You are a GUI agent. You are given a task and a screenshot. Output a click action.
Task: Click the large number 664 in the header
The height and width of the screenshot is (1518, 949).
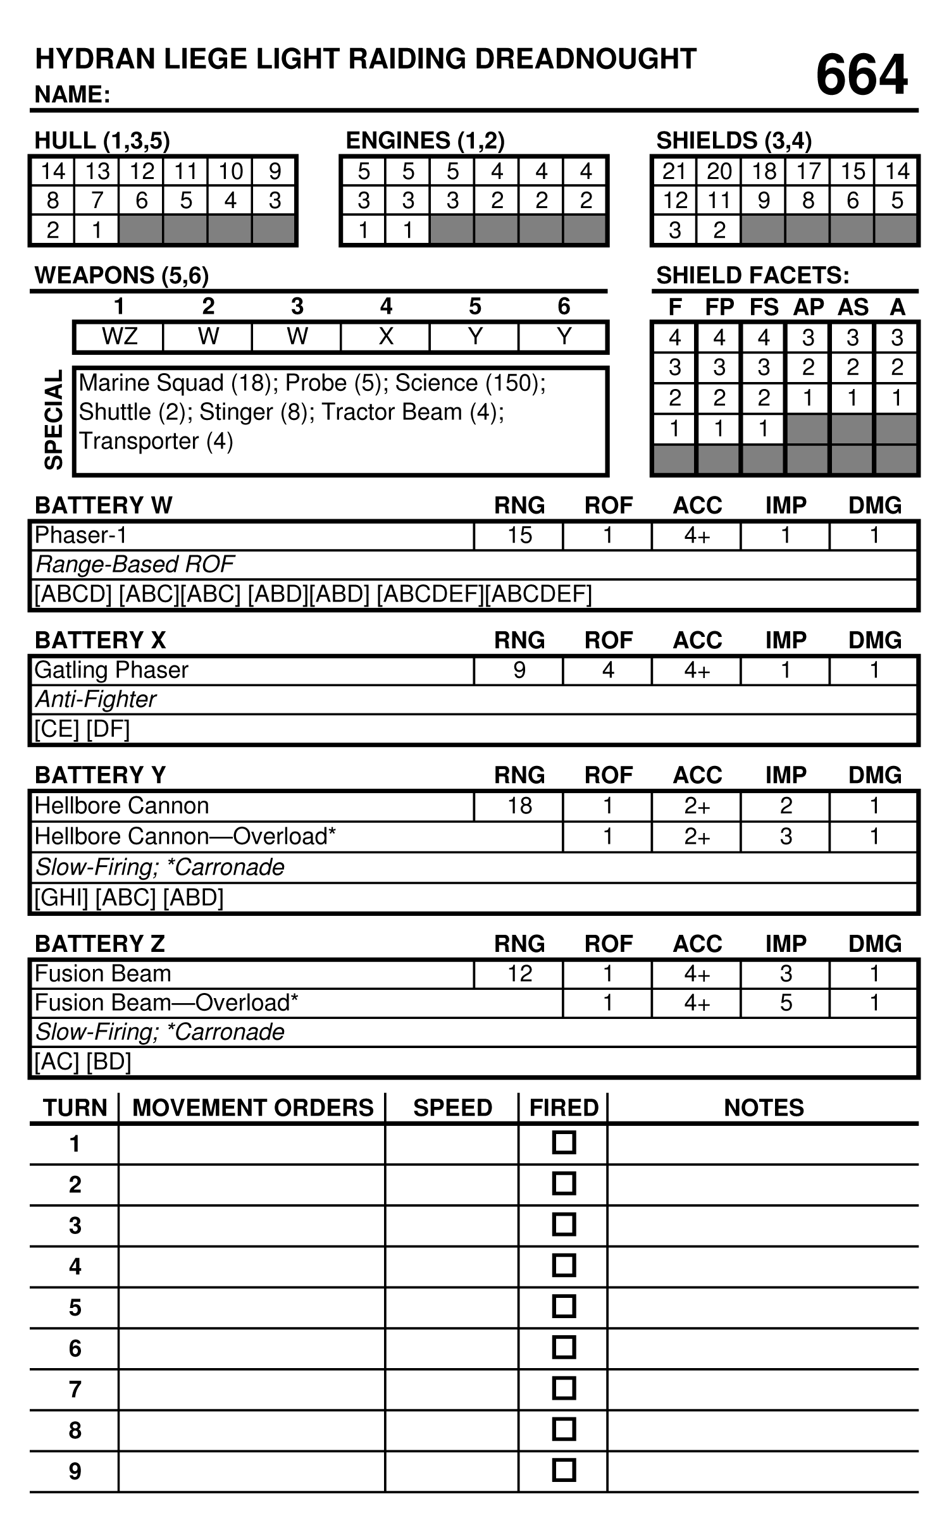click(861, 75)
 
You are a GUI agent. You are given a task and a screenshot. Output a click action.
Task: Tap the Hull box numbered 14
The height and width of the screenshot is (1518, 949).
click(53, 171)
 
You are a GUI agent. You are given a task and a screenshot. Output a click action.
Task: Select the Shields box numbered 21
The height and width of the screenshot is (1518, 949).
click(674, 171)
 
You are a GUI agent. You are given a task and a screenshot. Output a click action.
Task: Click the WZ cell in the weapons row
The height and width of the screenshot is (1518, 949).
click(119, 336)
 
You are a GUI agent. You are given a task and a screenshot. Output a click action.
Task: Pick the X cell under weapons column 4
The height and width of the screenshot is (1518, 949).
click(385, 336)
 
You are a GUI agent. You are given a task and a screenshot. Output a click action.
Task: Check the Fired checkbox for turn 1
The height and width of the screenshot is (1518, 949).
click(564, 1143)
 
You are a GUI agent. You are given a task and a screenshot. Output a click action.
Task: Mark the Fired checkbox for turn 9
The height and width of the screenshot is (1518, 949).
click(564, 1471)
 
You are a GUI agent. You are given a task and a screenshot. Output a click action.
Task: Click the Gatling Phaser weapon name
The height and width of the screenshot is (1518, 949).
click(111, 670)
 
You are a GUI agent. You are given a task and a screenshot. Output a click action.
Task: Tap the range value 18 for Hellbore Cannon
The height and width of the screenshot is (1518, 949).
click(519, 805)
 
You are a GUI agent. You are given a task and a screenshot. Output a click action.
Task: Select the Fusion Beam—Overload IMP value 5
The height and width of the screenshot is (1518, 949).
click(785, 1003)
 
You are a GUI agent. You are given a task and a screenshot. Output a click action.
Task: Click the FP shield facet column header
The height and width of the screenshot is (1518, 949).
click(719, 307)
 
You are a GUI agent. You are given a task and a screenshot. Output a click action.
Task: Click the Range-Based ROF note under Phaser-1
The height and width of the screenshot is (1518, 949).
click(135, 564)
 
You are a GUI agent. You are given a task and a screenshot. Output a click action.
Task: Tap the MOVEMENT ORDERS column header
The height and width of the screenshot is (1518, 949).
click(252, 1108)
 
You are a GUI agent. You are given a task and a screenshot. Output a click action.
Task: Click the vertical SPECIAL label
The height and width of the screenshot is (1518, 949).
click(54, 420)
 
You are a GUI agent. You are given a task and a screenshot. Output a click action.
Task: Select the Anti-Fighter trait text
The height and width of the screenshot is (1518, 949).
click(96, 700)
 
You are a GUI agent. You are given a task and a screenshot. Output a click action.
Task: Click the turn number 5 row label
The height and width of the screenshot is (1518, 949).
click(75, 1307)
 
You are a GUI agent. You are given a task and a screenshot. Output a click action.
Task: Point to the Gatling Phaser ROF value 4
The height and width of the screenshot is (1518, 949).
click(608, 670)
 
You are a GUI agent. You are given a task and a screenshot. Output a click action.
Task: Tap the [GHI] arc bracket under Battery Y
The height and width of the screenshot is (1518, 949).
click(61, 898)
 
